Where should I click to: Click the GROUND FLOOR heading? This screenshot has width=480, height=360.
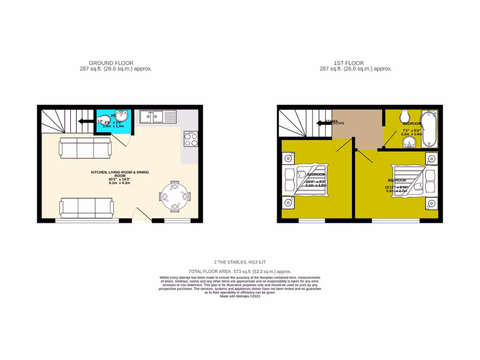click(111, 63)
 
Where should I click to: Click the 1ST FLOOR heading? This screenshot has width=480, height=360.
click(348, 63)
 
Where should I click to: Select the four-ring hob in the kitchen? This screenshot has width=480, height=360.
click(191, 138)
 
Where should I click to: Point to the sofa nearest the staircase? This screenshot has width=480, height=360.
click(85, 148)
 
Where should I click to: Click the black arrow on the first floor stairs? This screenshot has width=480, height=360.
click(322, 123)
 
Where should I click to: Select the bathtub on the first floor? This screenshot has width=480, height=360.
click(428, 129)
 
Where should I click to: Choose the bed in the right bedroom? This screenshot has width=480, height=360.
click(410, 180)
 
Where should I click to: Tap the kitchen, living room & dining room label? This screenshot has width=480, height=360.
click(120, 174)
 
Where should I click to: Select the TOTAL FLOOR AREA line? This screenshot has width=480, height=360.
click(240, 271)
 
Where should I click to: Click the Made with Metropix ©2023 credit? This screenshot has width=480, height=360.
click(240, 296)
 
